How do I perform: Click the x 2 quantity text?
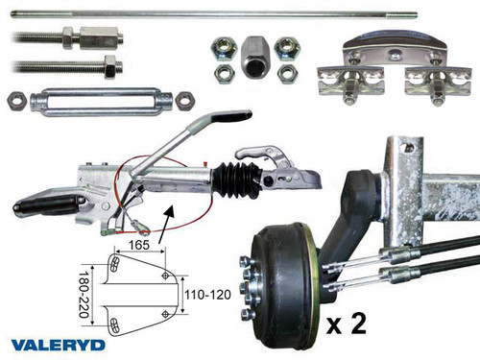click(x=348, y=323)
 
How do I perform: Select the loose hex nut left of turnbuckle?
click(x=14, y=99)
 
